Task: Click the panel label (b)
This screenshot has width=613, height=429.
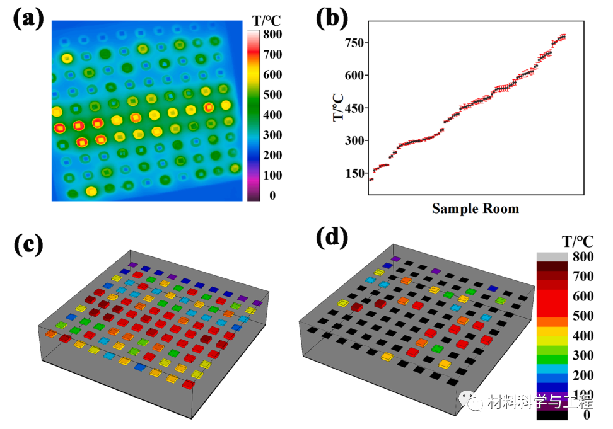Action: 332,20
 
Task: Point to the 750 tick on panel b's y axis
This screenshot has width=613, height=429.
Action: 356,43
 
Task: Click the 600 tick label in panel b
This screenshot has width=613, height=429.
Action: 356,75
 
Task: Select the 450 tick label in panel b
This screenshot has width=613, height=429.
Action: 356,108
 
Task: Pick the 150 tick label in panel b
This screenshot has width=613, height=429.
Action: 356,173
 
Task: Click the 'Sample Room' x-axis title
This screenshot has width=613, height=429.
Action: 475,208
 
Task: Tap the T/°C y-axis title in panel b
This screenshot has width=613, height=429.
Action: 339,108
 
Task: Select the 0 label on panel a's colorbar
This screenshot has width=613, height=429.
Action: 272,196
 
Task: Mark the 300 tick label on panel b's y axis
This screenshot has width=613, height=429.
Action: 356,140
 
